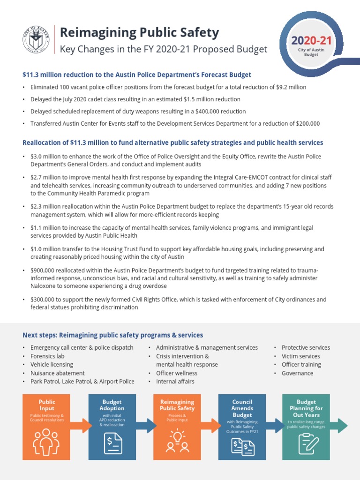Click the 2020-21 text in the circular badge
coord(312,40)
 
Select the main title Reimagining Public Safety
coord(140,32)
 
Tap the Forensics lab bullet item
coord(48,356)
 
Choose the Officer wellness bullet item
coord(177,373)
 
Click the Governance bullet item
coord(298,373)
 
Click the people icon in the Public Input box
coord(46,441)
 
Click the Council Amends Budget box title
coord(242,408)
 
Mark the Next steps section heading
coord(112,335)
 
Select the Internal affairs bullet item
coord(175,382)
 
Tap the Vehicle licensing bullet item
coord(52,365)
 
